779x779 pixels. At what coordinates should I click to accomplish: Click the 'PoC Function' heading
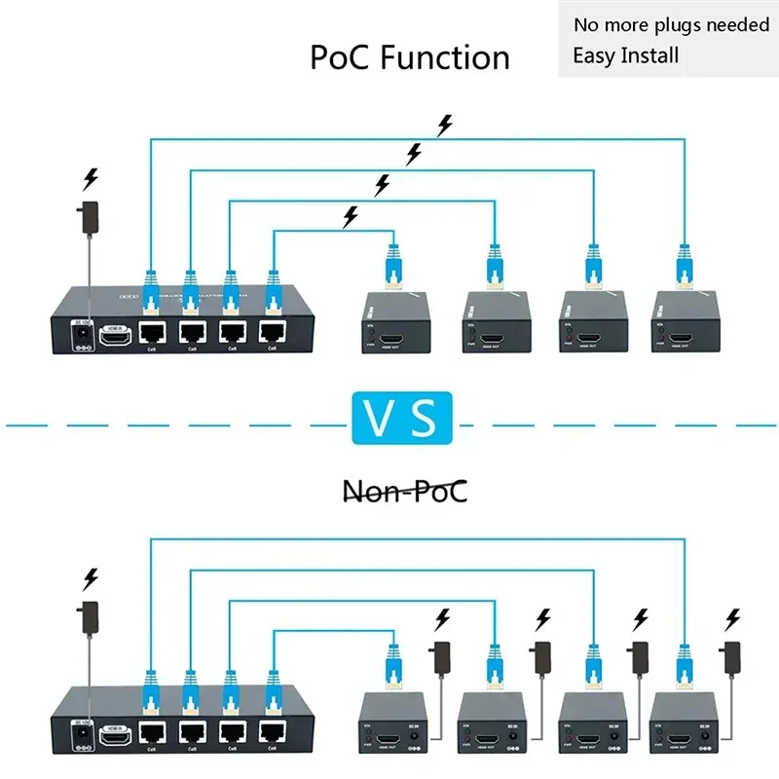coord(410,57)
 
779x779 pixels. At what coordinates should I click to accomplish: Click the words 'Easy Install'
coord(625,55)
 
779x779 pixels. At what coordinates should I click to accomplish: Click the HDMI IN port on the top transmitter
coord(118,337)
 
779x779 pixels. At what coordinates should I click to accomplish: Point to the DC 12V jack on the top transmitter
coord(85,336)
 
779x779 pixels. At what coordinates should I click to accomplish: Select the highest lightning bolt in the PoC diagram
coord(445,124)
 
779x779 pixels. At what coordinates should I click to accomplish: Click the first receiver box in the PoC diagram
coord(395,321)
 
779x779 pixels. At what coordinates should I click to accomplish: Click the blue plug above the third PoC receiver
coord(590,268)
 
